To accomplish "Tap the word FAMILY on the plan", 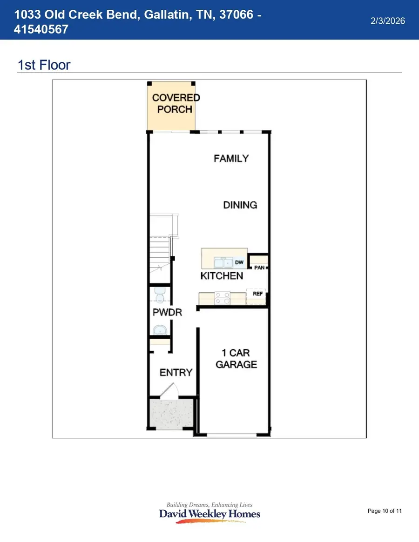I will (x=231, y=159).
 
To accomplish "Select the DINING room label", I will (x=240, y=205).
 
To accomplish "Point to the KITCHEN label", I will (x=222, y=276).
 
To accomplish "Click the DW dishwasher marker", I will (x=239, y=263).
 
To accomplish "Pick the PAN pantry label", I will (x=259, y=268).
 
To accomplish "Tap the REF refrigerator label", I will (x=258, y=294).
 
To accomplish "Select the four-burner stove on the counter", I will (x=222, y=298).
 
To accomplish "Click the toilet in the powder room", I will (x=160, y=296).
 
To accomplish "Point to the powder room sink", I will (x=160, y=330).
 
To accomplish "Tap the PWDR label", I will (x=167, y=312).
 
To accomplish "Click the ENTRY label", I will (x=176, y=372).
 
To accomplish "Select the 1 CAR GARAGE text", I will (x=236, y=359).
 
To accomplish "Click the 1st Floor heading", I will (x=44, y=65).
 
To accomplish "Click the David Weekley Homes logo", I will (x=209, y=513).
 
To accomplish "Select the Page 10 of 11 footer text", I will (x=385, y=511).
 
